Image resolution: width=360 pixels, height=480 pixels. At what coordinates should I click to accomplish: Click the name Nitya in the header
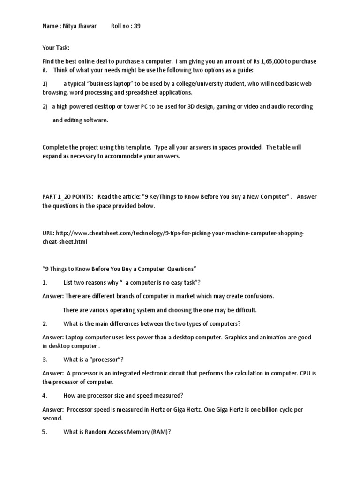click(x=69, y=26)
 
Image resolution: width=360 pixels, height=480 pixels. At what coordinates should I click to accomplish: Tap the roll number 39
click(x=137, y=26)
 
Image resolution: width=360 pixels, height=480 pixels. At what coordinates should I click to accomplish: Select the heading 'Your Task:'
click(x=56, y=48)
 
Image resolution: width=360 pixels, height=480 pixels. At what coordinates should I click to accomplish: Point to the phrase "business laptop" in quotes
click(x=103, y=84)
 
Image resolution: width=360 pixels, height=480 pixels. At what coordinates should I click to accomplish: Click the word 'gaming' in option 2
click(x=227, y=106)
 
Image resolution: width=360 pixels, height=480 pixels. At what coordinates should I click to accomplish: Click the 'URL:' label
click(x=48, y=233)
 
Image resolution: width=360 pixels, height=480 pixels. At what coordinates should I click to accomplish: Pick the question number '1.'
click(x=45, y=283)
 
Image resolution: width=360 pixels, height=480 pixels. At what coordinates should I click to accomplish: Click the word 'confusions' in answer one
click(x=258, y=296)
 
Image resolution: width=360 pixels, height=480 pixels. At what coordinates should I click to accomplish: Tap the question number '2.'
click(x=45, y=324)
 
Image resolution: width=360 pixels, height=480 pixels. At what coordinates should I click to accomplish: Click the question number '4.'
click(x=45, y=396)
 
